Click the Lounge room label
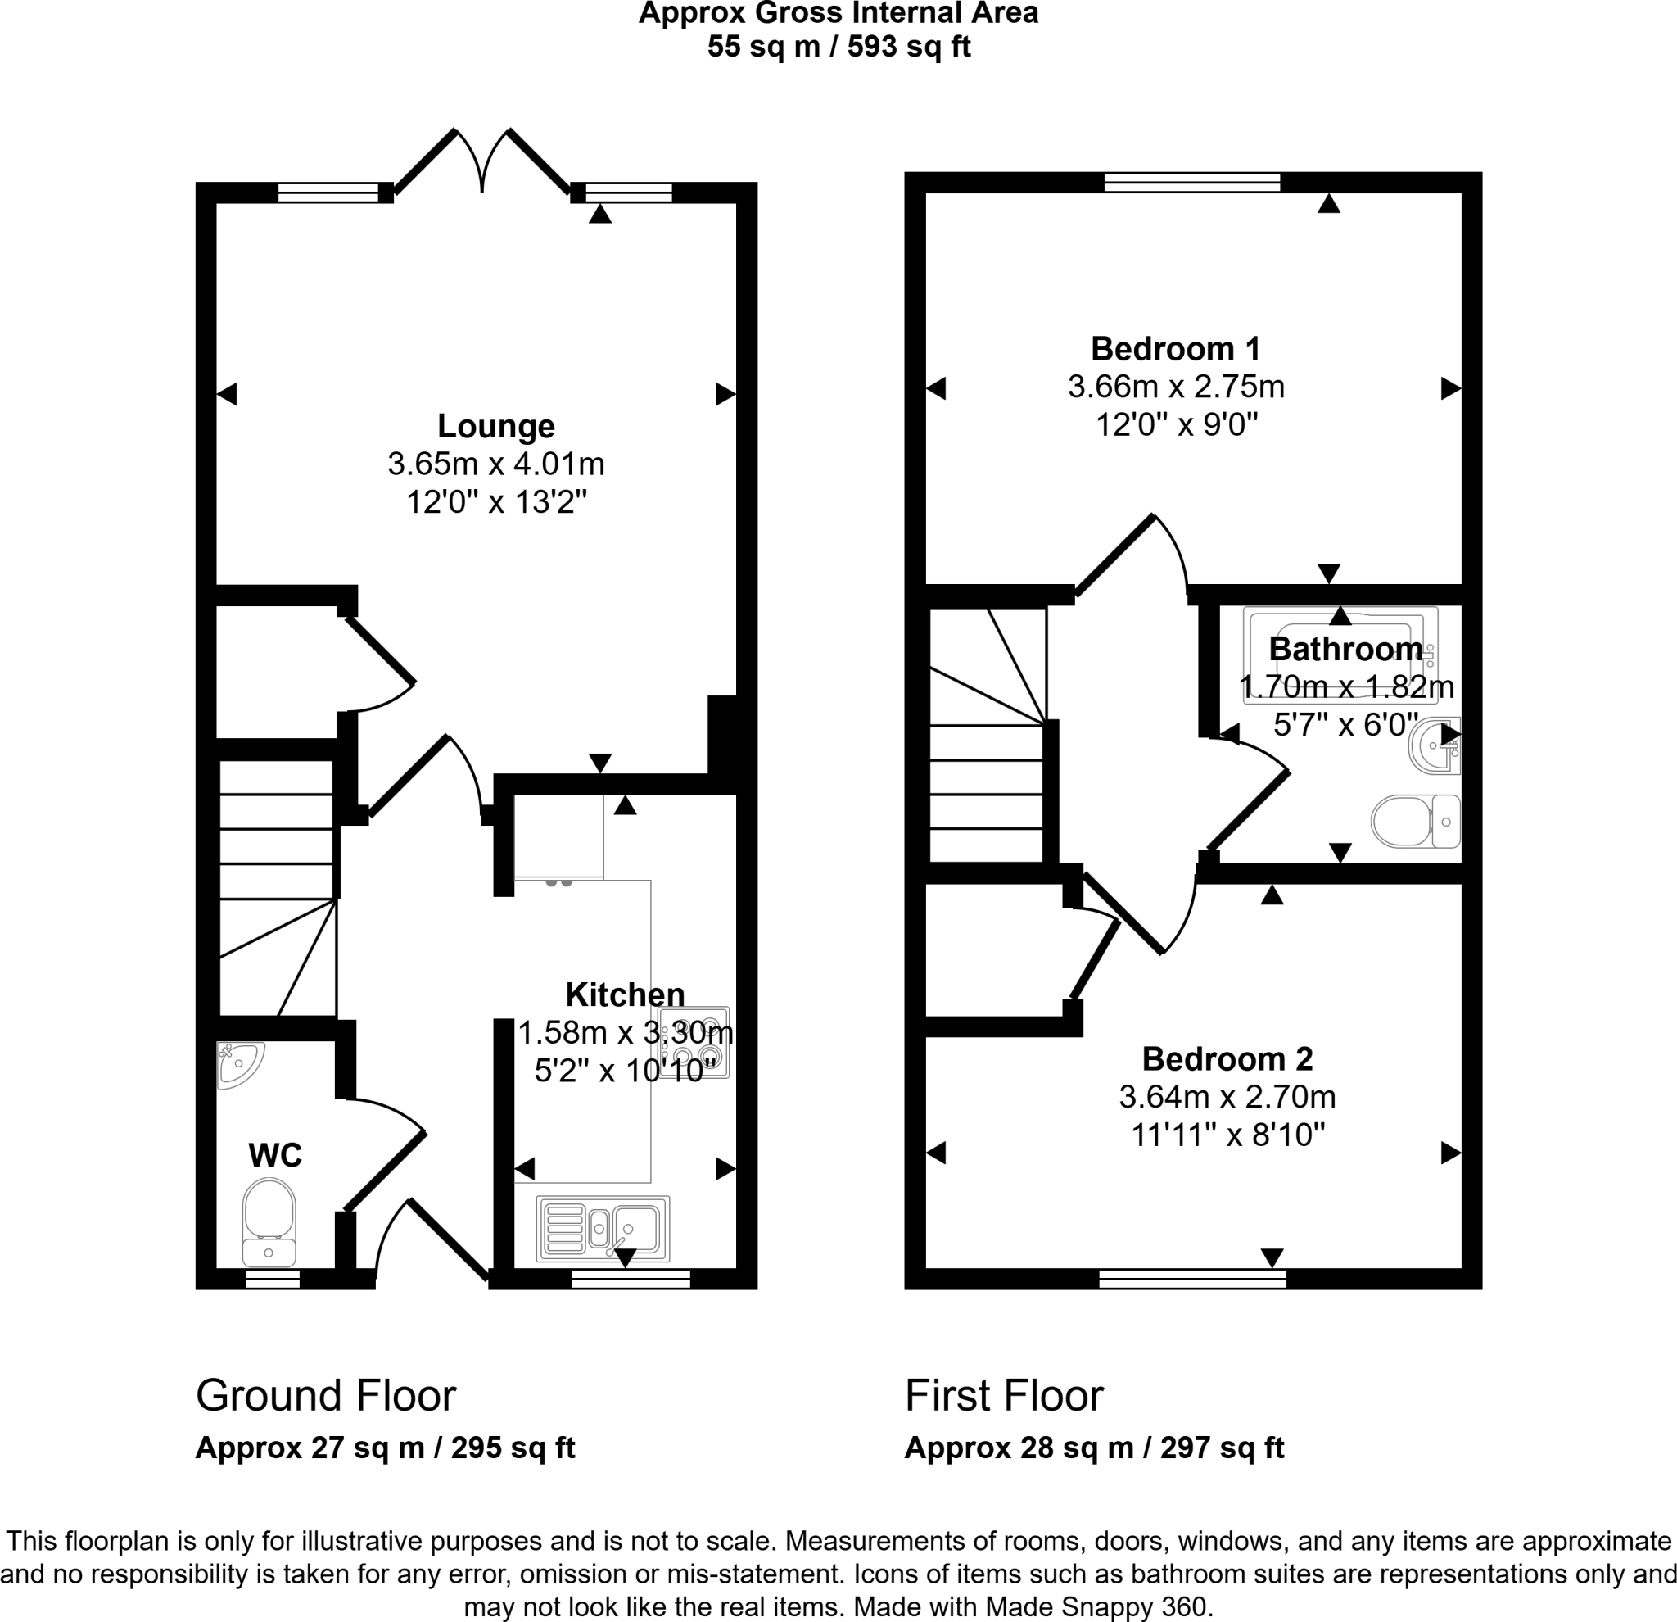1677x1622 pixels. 495,426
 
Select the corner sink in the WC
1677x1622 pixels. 239,1062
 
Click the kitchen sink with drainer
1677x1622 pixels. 603,1228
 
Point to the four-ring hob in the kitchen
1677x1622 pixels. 694,1042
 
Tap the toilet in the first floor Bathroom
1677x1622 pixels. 1415,822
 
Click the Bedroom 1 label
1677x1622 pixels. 1175,349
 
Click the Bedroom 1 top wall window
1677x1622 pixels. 1192,183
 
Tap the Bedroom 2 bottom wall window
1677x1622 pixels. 1192,1279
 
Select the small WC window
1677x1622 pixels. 273,1279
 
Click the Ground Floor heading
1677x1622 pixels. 325,1396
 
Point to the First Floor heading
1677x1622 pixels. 1004,1396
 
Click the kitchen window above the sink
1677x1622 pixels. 631,1279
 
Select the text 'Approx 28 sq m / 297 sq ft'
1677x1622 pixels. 1093,1448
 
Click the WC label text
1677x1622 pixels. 274,1156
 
